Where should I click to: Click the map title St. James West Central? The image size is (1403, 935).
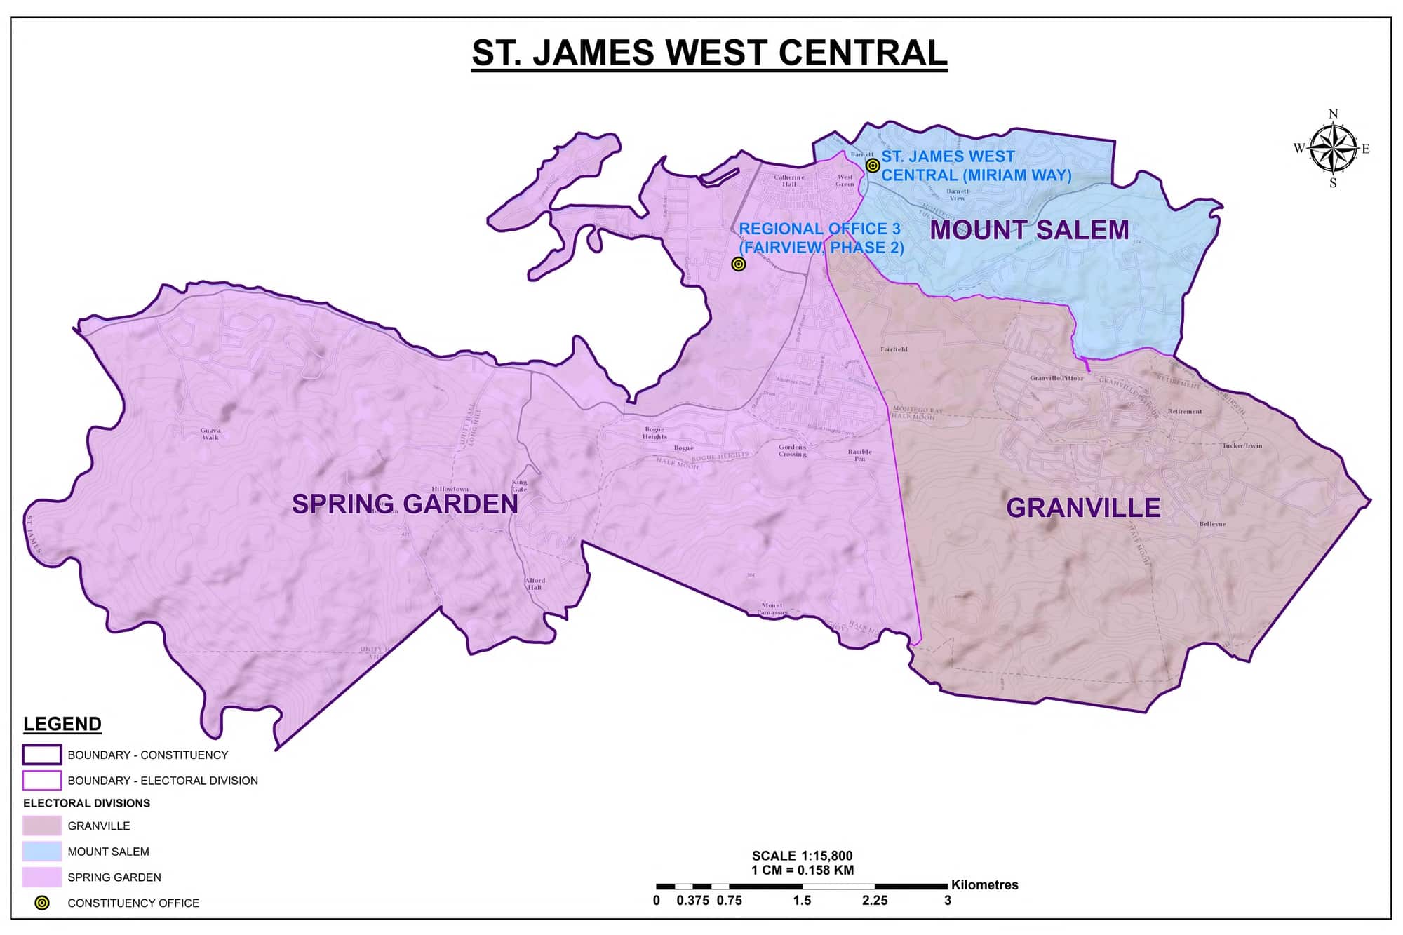tap(709, 53)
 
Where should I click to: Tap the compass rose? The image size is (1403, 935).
tap(1332, 148)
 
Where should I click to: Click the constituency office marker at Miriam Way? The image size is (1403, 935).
tap(873, 166)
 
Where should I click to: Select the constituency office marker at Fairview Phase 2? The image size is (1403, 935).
tap(738, 264)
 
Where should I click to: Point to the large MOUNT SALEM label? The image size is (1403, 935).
tap(1029, 230)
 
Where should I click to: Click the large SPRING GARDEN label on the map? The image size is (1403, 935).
tap(405, 504)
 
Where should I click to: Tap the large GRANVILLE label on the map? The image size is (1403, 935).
tap(1083, 508)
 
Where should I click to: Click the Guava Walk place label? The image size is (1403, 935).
tap(210, 433)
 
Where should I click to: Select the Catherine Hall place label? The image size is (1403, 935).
tap(788, 180)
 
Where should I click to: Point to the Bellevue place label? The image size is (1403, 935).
tap(1212, 524)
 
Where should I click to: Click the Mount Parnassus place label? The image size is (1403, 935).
tap(772, 609)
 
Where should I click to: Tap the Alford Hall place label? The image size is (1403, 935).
tap(535, 584)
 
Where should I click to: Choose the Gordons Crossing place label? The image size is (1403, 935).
tap(792, 450)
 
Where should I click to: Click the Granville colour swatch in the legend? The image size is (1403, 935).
tap(42, 826)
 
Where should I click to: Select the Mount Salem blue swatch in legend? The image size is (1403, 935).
tap(42, 852)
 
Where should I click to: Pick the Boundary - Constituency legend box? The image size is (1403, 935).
tap(42, 755)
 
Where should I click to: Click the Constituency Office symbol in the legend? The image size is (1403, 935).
tap(42, 903)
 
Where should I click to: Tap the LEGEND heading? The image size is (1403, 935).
tap(62, 724)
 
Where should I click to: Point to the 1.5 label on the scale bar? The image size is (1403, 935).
tap(802, 901)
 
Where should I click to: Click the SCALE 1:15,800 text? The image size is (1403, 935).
tap(802, 856)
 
